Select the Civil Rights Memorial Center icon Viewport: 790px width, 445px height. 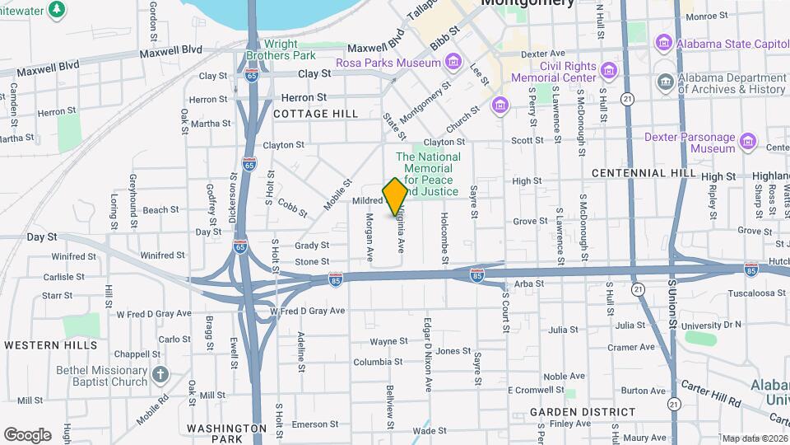pyautogui.click(x=609, y=68)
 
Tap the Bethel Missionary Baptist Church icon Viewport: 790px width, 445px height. pyautogui.click(x=160, y=376)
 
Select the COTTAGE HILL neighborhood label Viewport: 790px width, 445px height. pyautogui.click(x=316, y=114)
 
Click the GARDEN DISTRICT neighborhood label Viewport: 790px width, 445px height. pyautogui.click(x=583, y=411)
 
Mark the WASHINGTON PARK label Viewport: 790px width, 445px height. pyautogui.click(x=226, y=434)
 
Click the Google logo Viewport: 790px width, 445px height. pyautogui.click(x=27, y=434)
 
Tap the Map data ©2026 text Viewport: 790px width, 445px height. pyautogui.click(x=753, y=438)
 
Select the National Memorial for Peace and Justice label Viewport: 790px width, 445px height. pyautogui.click(x=428, y=174)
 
